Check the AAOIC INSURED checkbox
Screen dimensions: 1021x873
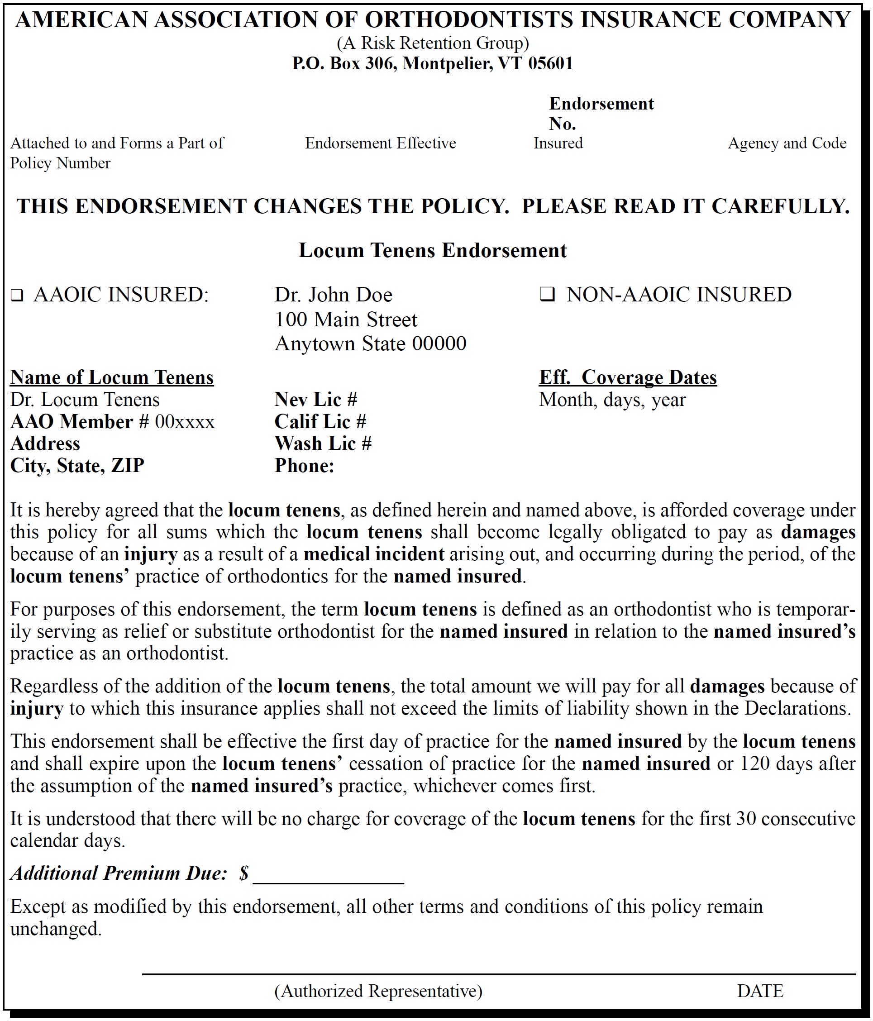17,296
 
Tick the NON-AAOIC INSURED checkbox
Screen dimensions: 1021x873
547,295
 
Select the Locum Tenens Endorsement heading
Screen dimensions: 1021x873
433,250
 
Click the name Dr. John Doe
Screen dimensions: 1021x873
333,295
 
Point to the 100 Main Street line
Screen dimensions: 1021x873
346,320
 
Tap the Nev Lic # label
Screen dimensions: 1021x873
316,399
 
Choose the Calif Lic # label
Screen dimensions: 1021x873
320,421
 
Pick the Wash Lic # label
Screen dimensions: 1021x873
323,444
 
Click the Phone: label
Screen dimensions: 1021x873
305,466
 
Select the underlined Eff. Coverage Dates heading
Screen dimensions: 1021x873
628,377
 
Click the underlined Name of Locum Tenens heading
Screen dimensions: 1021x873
112,377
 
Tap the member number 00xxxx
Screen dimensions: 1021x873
185,422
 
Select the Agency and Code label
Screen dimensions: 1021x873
787,143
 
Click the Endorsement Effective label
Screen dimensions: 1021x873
380,143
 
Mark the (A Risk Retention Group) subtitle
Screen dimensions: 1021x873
433,43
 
